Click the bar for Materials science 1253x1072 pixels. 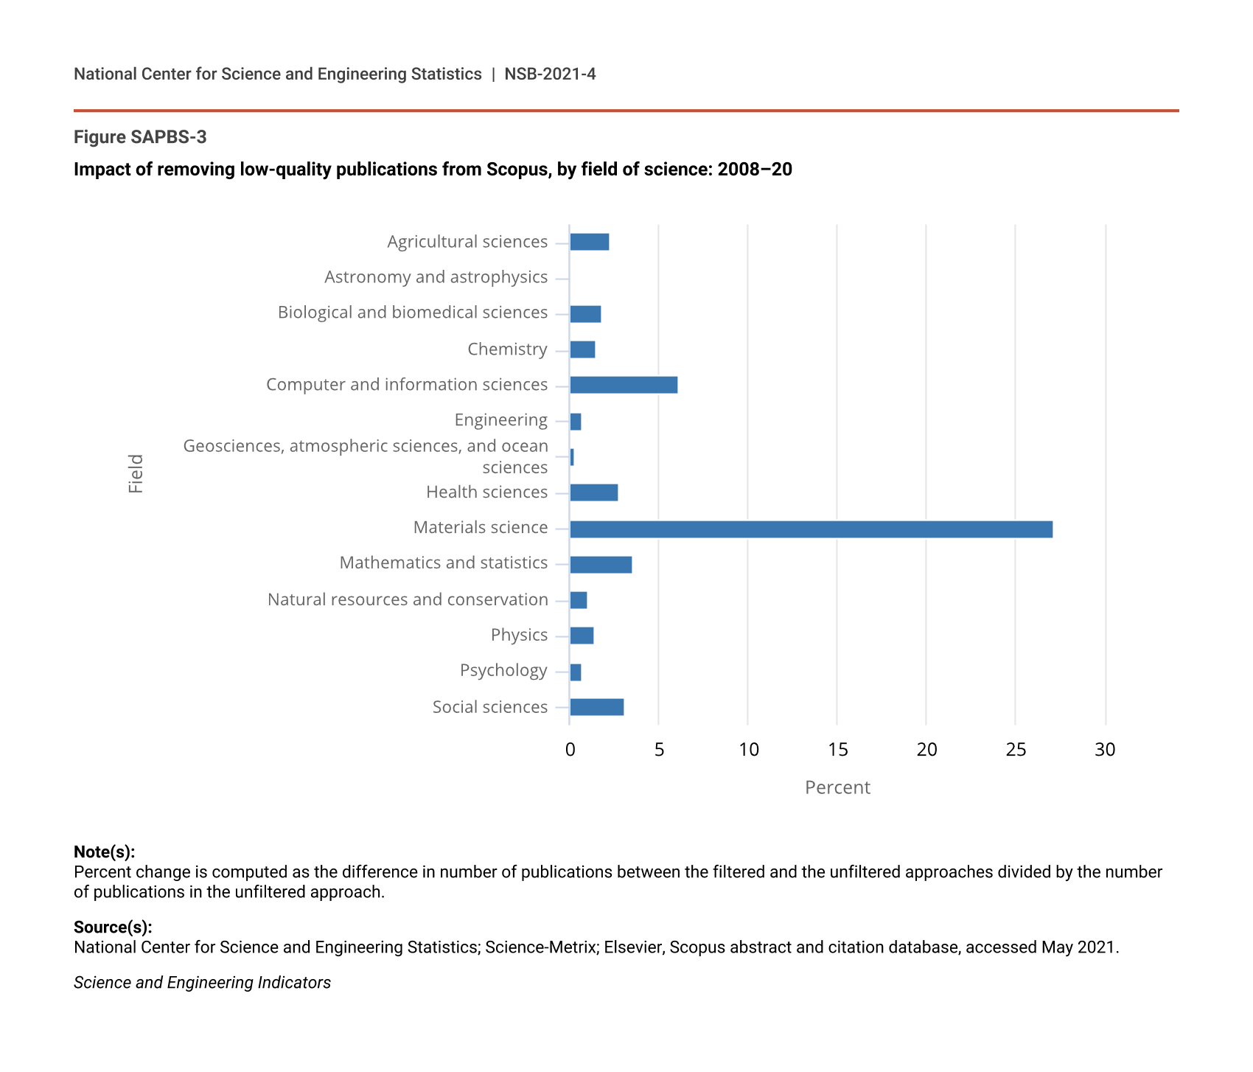[811, 529]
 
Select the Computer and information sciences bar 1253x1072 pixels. [624, 385]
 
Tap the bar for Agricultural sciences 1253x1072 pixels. [590, 242]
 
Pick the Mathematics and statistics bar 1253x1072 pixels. [601, 565]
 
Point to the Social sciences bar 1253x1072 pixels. [597, 707]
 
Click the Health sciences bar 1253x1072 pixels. [594, 493]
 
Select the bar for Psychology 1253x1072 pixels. [576, 672]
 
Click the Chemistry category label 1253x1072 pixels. [507, 349]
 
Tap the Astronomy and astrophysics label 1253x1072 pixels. [436, 277]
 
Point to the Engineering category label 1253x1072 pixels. [500, 420]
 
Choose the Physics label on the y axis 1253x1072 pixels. [519, 635]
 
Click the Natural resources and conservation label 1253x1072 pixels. [408, 599]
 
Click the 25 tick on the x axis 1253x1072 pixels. [1016, 750]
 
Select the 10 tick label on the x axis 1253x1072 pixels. [748, 750]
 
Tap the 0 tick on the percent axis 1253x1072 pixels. [570, 750]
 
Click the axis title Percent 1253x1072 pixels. [837, 787]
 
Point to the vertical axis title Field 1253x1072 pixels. [136, 474]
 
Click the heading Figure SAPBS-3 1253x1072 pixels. [140, 137]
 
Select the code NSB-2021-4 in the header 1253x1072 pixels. [550, 74]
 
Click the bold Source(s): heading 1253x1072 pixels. [113, 927]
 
